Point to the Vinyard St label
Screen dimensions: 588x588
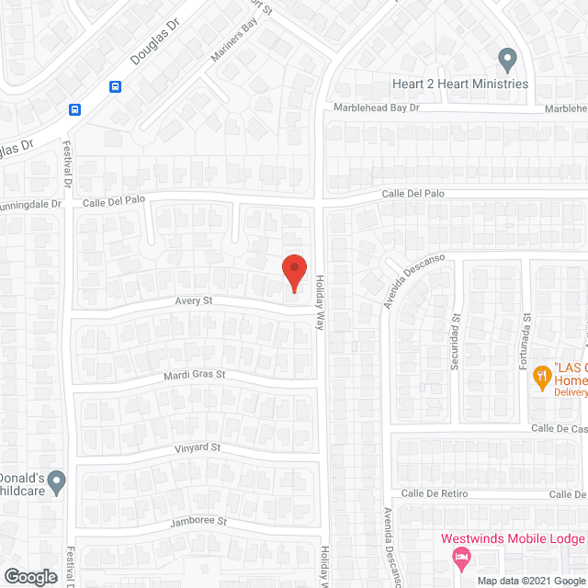[x=197, y=447]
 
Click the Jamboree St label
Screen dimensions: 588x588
[x=198, y=521]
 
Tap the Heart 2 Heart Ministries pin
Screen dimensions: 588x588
[x=506, y=61]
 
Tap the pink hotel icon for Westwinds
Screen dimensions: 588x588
[x=461, y=557]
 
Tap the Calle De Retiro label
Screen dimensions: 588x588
[x=435, y=493]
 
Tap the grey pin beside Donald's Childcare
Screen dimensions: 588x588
[x=57, y=481]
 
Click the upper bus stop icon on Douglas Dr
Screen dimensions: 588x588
[x=115, y=86]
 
